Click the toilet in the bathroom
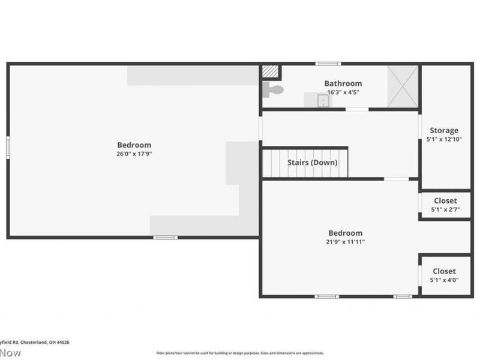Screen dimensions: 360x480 tap(274, 90)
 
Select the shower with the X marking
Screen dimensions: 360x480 tap(403, 86)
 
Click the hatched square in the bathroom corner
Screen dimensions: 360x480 tap(271, 71)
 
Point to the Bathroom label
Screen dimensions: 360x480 tap(343, 83)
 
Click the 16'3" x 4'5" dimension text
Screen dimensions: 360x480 tap(343, 92)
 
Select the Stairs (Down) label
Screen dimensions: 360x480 tap(312, 163)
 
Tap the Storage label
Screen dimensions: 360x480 tap(444, 130)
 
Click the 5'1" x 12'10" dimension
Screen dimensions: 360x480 tap(444, 139)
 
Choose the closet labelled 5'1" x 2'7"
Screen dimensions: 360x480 tap(444, 205)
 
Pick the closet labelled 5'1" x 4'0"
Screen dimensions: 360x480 tap(444, 275)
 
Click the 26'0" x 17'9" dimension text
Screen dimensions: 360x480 tap(134, 154)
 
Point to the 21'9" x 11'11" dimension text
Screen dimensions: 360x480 tap(345, 242)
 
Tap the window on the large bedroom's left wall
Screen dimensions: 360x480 tap(8, 147)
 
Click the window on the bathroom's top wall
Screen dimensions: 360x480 tap(328, 64)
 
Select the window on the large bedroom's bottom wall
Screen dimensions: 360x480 tap(165, 238)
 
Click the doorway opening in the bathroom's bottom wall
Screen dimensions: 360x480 tap(356, 109)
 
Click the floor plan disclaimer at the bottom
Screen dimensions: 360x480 tap(240, 353)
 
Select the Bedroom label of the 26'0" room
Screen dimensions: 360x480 tap(134, 145)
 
